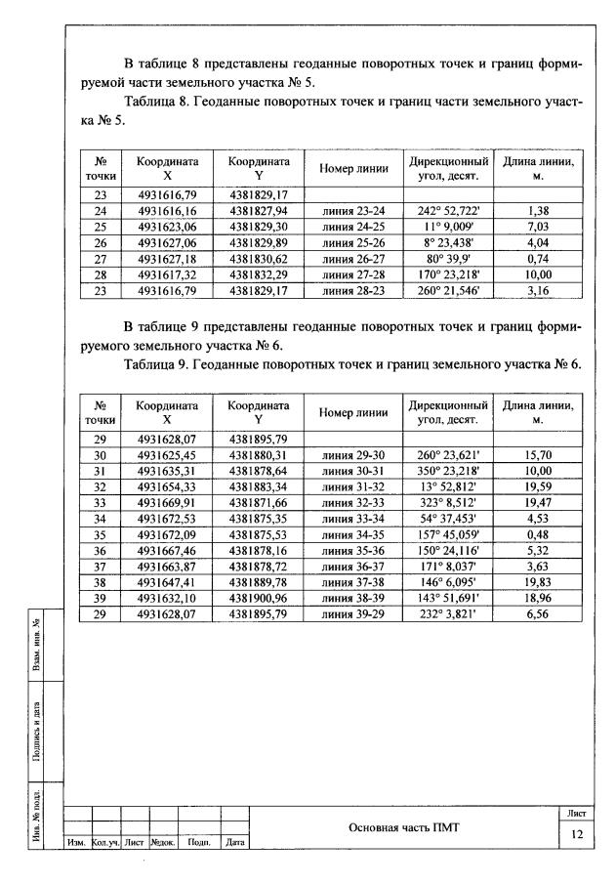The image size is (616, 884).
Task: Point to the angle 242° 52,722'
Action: (x=447, y=210)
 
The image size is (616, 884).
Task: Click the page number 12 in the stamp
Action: (x=576, y=834)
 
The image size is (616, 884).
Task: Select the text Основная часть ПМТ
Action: (x=403, y=827)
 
